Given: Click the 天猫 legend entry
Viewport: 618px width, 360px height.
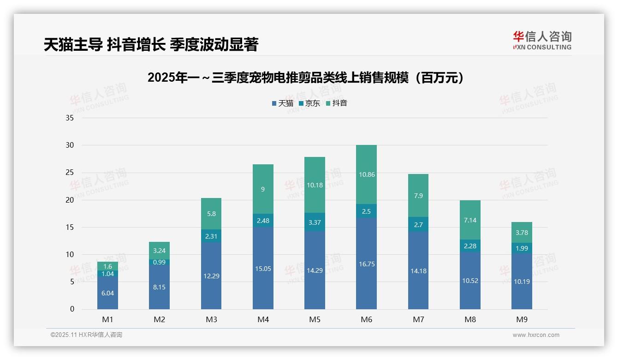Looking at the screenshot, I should point(283,103).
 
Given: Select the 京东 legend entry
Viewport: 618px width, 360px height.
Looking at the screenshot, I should point(309,103).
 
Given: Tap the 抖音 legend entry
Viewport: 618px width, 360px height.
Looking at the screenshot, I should point(337,103).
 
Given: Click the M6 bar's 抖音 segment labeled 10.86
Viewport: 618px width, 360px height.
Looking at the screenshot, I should point(367,174).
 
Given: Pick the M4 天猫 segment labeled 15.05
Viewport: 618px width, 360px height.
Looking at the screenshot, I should point(263,268).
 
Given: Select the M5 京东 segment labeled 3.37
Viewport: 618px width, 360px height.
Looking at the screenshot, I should point(315,222).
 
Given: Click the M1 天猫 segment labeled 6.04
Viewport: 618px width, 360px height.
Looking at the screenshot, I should point(107,293).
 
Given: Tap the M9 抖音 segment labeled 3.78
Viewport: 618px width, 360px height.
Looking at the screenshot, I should point(522,232).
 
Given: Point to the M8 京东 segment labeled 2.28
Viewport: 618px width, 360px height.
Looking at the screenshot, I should point(470,246).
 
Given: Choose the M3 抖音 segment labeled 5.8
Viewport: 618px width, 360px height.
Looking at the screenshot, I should point(211,214).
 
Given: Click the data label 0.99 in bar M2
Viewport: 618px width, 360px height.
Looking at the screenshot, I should point(159,262).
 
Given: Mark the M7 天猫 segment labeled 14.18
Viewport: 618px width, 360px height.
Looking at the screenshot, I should point(418,271).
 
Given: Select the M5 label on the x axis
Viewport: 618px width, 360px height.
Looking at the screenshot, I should point(315,319).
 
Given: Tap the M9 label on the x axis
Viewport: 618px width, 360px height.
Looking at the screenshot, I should point(522,319).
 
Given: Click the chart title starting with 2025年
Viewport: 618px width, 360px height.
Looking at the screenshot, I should point(305,78).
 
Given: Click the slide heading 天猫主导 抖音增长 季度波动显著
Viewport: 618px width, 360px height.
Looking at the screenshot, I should point(151,44).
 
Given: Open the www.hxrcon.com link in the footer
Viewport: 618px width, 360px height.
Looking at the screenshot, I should point(535,335).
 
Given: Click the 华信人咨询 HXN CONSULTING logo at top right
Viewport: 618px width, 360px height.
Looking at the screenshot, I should point(542,40).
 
